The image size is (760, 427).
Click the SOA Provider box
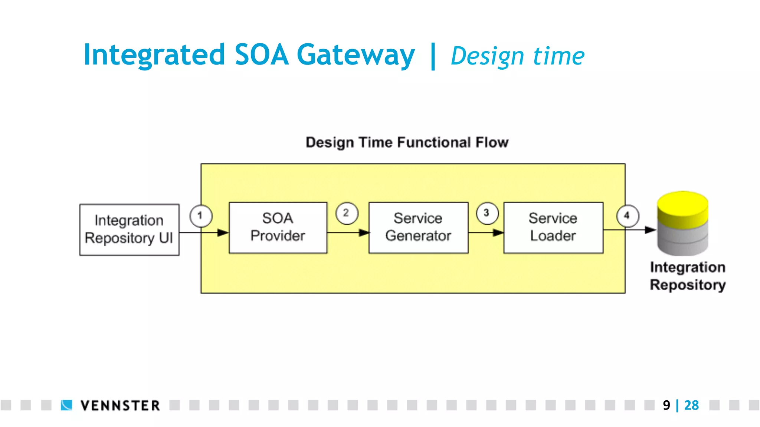[278, 228]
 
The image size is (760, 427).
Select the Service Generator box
[418, 228]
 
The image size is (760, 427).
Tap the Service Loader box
[553, 228]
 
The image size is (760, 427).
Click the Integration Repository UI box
[129, 229]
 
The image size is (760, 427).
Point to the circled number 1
[201, 216]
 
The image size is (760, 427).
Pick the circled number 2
[347, 213]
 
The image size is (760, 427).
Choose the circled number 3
[487, 213]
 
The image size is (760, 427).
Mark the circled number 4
[628, 216]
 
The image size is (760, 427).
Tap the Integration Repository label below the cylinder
[688, 276]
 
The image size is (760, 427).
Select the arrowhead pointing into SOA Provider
[223, 233]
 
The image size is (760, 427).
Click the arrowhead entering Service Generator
[364, 233]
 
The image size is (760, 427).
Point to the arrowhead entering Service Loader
[498, 233]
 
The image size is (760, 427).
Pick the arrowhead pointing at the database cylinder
[650, 230]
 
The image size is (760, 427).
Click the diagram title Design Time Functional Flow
[407, 142]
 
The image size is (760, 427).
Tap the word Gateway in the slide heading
[356, 55]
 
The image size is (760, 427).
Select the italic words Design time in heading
[517, 56]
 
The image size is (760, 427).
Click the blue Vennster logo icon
[66, 405]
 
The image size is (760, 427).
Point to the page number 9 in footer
[666, 405]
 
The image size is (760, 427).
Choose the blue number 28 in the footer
[691, 405]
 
